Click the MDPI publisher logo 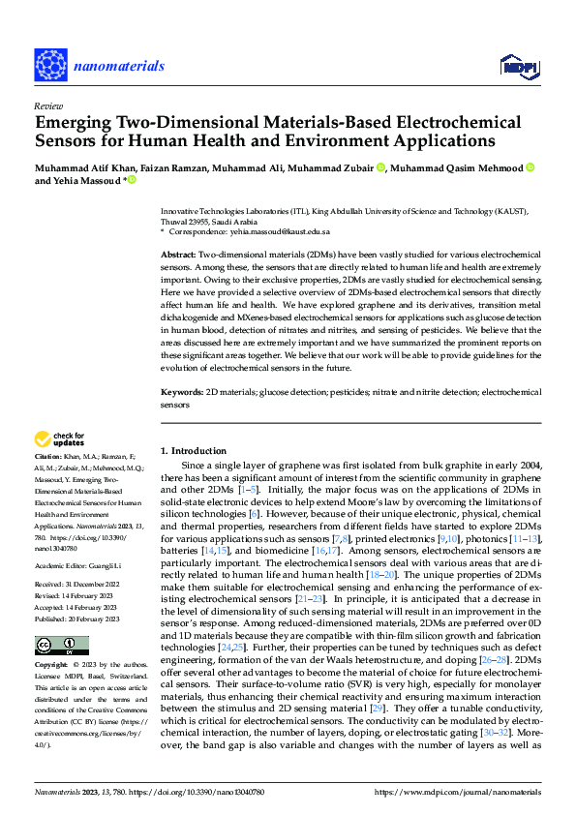(518, 66)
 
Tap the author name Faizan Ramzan (170, 168)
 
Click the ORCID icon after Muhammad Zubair (380, 168)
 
